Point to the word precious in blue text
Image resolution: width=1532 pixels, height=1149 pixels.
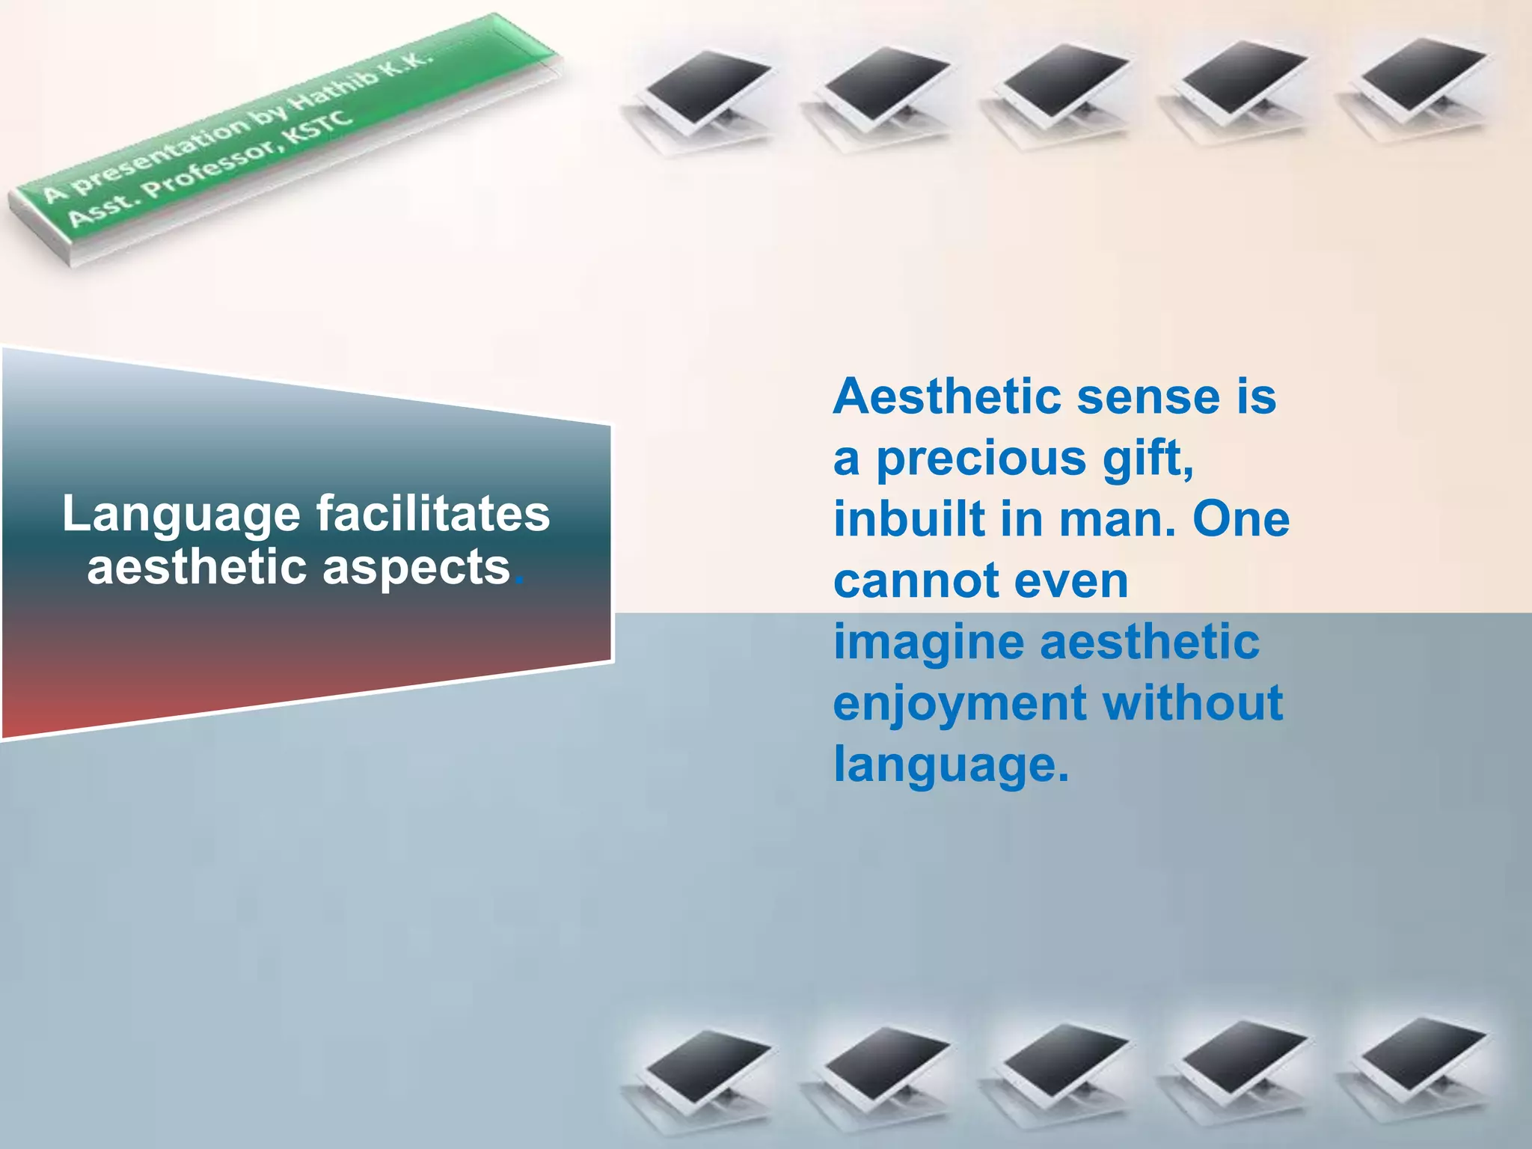[981, 459]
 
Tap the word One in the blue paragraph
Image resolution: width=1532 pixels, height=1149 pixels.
[1240, 518]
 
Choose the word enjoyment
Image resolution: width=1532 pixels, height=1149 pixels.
[960, 705]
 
